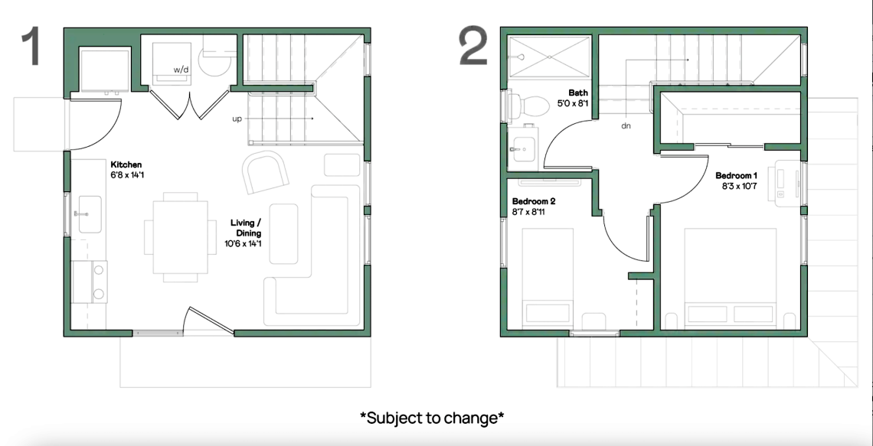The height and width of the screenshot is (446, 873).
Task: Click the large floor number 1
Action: click(31, 47)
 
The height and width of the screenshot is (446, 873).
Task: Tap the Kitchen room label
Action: click(126, 164)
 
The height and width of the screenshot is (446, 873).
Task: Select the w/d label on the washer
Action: click(181, 70)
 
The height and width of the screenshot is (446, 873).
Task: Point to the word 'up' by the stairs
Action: click(237, 119)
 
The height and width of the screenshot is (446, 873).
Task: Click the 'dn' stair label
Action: click(626, 125)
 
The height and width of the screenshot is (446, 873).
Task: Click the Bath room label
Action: click(578, 93)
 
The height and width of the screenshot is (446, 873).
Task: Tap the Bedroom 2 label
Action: click(534, 201)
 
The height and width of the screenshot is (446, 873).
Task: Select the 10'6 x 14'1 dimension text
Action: click(244, 243)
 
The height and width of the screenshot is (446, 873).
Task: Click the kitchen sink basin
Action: click(90, 214)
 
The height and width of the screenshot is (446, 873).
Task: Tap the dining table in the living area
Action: click(181, 237)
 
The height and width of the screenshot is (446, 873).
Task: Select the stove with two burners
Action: click(90, 282)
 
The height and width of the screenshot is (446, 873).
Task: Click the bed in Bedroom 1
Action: click(730, 276)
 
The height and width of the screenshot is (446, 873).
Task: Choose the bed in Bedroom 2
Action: click(548, 276)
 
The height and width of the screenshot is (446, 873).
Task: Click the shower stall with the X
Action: click(550, 57)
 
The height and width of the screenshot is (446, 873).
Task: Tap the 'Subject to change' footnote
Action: click(432, 417)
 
